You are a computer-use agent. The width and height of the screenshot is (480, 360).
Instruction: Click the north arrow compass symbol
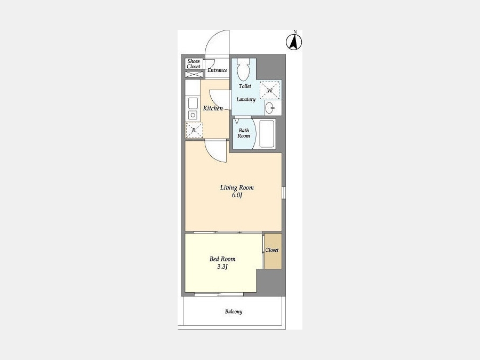click(x=294, y=42)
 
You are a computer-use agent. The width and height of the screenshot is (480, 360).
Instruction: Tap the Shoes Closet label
click(x=194, y=63)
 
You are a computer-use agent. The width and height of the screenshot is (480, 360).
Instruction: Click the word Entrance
click(x=218, y=70)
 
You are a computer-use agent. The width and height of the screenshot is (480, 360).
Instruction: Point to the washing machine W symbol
click(x=270, y=90)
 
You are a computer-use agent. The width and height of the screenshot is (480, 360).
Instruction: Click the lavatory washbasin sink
click(x=270, y=108)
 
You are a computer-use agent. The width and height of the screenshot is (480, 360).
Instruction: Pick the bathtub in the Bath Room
click(x=267, y=134)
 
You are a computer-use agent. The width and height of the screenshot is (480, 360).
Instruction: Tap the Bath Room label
click(x=244, y=133)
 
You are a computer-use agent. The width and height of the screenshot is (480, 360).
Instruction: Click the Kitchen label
click(x=213, y=108)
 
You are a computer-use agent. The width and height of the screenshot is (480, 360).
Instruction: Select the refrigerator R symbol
click(x=194, y=130)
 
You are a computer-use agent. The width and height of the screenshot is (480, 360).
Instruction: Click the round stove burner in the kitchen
click(x=193, y=115)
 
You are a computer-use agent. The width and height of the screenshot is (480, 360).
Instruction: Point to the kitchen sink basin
click(x=193, y=103)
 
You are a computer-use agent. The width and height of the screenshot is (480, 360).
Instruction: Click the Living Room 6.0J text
click(x=237, y=191)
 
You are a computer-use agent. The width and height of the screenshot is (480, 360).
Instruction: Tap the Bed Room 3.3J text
click(x=222, y=262)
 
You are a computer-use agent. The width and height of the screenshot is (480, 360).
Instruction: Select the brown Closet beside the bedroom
click(x=273, y=251)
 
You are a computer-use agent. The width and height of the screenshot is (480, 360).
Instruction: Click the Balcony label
click(x=234, y=311)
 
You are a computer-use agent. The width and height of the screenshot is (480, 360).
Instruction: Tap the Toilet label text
click(x=245, y=86)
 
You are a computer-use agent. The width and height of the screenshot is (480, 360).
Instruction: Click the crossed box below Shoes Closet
click(x=194, y=74)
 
